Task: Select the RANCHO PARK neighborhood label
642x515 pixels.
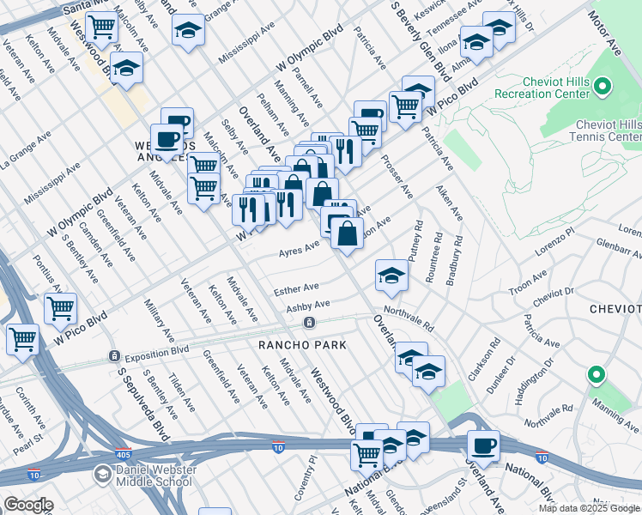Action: coord(302,345)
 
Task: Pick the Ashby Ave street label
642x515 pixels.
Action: coord(308,306)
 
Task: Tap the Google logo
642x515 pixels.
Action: coord(28,505)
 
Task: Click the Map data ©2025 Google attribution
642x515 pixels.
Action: coord(589,508)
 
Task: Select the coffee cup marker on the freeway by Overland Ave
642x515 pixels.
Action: coord(483,445)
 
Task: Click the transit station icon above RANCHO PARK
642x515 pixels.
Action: coord(308,323)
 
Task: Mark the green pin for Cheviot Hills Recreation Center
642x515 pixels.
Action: coord(603,86)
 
